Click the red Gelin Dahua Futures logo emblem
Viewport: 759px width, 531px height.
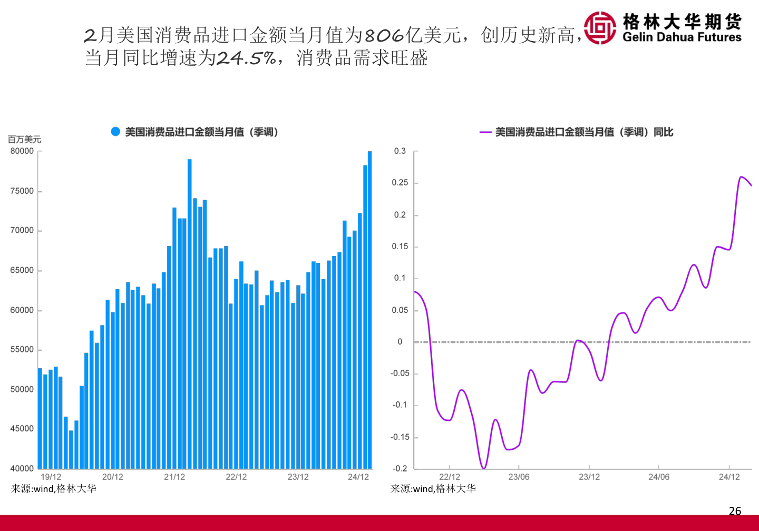[x=600, y=28]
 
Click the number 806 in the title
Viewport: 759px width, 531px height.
[x=384, y=36]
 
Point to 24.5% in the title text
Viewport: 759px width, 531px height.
[x=247, y=58]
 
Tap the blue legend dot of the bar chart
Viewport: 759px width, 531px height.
[x=115, y=132]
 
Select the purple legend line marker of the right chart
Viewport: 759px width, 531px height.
[x=485, y=132]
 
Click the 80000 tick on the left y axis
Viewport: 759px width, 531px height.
[x=22, y=151]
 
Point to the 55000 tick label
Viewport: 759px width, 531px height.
[x=22, y=350]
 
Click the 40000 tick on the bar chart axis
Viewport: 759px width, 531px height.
[x=22, y=468]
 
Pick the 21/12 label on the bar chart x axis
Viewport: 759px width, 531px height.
[x=174, y=477]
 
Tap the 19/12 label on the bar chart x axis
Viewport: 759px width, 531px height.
[x=51, y=477]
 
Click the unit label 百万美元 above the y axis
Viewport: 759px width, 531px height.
[x=24, y=140]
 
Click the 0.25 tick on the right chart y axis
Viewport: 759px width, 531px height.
[x=400, y=183]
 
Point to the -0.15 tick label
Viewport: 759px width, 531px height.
[x=400, y=437]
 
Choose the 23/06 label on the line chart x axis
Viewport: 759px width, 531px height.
[x=519, y=477]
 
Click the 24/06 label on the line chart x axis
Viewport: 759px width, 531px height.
[x=659, y=477]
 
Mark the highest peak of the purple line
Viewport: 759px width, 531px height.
[x=742, y=177]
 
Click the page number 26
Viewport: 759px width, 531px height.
[x=735, y=510]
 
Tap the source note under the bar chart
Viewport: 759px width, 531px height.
[x=54, y=489]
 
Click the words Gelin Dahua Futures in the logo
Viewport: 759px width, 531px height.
[x=682, y=37]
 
